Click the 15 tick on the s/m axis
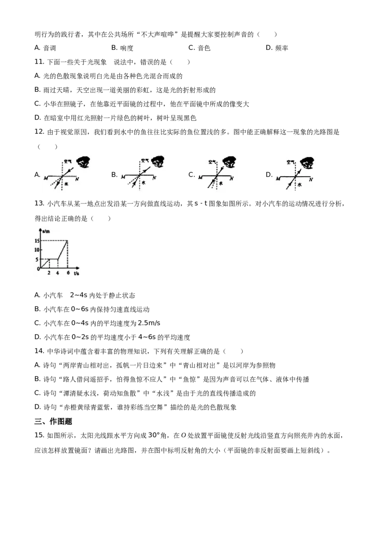tap(37, 241)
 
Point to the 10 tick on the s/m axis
tap(37, 250)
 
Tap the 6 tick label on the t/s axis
tap(68, 273)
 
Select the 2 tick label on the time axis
tap(49, 273)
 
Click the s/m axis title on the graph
tap(46, 232)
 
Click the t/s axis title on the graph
tap(76, 273)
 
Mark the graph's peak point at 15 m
tap(67, 241)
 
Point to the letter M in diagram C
tap(200, 178)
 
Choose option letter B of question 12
tap(114, 175)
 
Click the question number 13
tap(39, 203)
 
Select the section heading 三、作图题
tap(53, 421)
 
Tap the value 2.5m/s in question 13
tap(149, 323)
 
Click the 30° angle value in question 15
tap(154, 435)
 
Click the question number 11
tap(39, 62)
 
